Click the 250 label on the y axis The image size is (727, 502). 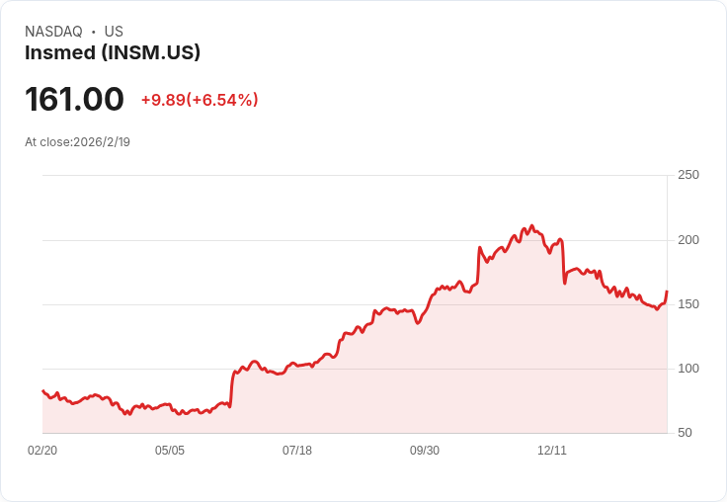click(x=688, y=175)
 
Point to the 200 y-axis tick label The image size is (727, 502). click(x=688, y=240)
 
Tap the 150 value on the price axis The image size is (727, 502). click(x=688, y=304)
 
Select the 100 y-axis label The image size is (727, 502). click(x=688, y=369)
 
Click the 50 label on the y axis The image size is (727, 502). click(x=685, y=433)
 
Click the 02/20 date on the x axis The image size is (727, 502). click(x=42, y=451)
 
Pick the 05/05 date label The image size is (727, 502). click(x=170, y=451)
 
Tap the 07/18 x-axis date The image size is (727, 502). click(x=297, y=451)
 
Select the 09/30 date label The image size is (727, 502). click(x=425, y=451)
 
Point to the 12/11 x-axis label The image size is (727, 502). click(x=552, y=451)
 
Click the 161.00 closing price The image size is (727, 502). click(x=75, y=99)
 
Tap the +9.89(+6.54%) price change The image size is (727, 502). click(x=200, y=100)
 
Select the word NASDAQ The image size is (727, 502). click(x=53, y=32)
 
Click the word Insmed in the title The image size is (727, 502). click(x=60, y=52)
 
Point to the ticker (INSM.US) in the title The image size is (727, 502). click(x=151, y=53)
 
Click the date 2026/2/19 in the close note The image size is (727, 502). click(x=102, y=142)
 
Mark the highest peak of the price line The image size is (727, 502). click(x=531, y=225)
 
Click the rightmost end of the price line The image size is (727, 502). click(x=667, y=292)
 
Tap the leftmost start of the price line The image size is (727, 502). click(x=42, y=390)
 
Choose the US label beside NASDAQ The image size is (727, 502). click(x=114, y=32)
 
